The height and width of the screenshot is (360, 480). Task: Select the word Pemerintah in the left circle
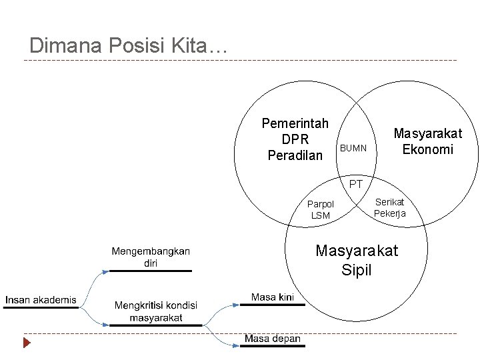[x=295, y=123]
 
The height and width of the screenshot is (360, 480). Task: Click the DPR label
[x=295, y=139]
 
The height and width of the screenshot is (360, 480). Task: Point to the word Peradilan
[x=295, y=155]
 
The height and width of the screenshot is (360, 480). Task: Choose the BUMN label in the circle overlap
[x=353, y=148]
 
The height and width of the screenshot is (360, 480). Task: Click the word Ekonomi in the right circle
[x=427, y=149]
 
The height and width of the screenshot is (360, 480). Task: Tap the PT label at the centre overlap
[x=356, y=183]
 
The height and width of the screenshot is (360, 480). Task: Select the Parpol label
[x=320, y=204]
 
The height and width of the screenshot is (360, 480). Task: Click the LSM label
[x=320, y=215]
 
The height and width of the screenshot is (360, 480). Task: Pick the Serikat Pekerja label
[x=389, y=207]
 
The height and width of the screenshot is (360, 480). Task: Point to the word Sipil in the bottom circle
[x=356, y=270]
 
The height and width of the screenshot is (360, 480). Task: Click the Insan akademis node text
[x=41, y=300]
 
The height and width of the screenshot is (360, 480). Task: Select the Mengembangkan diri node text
[x=151, y=257]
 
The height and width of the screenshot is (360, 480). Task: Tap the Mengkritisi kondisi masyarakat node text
[x=155, y=311]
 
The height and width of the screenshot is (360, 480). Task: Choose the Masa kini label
[x=273, y=297]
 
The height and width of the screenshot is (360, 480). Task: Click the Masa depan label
[x=272, y=339]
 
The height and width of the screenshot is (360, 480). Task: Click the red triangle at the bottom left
[x=27, y=344]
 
